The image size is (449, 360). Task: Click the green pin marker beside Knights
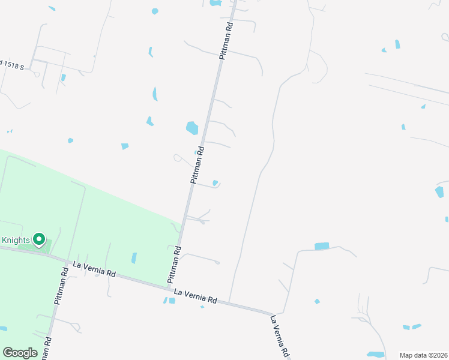(x=40, y=240)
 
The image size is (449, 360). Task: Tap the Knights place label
(x=15, y=240)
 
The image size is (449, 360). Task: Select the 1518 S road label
(x=12, y=65)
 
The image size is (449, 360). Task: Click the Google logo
(x=20, y=353)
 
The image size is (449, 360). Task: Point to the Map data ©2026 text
(x=423, y=355)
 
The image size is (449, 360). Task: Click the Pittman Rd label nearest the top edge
(x=225, y=40)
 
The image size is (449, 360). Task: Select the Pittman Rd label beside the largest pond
(x=197, y=165)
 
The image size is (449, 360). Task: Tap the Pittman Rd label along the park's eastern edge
(x=174, y=265)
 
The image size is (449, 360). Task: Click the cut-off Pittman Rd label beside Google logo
(x=47, y=348)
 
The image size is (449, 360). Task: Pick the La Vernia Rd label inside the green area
(x=94, y=268)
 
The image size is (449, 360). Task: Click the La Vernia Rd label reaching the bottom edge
(x=281, y=336)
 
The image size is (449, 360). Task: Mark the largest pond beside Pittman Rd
(x=192, y=128)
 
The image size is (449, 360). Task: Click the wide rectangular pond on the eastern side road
(x=322, y=246)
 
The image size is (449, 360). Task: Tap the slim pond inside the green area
(x=134, y=258)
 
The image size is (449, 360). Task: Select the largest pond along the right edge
(x=439, y=192)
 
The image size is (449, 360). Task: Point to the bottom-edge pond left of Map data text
(x=375, y=355)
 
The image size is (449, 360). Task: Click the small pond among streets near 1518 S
(x=63, y=77)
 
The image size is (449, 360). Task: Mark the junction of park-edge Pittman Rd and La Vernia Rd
(x=168, y=287)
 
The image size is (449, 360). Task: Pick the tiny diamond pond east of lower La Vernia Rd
(x=317, y=301)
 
